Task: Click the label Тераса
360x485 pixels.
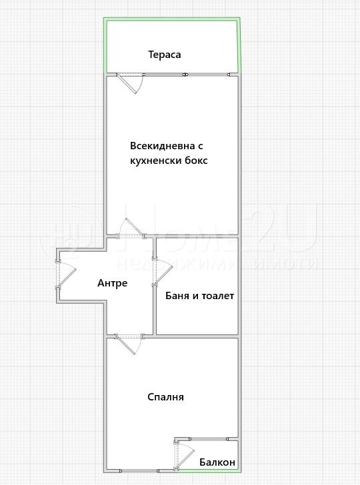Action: pos(165,55)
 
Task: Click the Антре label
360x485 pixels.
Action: pos(112,283)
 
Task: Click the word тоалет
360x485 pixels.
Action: pos(216,295)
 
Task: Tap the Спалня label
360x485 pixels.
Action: pos(165,397)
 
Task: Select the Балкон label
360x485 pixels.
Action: pos(217,462)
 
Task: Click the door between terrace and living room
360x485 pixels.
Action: pos(129,83)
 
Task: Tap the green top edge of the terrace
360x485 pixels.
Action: pos(171,19)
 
